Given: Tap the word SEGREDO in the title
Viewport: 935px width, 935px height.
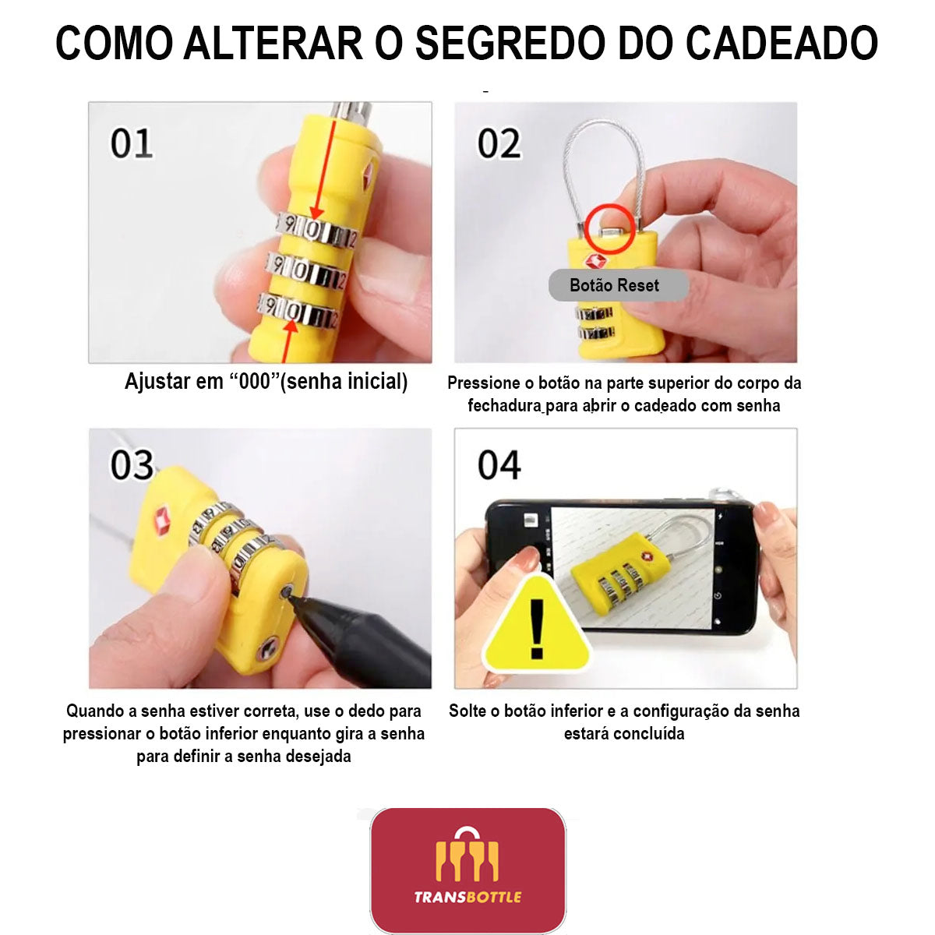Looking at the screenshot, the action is [x=508, y=43].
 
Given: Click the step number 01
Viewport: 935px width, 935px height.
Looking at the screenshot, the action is [x=132, y=143].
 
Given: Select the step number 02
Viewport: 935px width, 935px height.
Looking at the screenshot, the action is [x=499, y=143].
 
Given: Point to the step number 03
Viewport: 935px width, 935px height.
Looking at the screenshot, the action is [x=132, y=465].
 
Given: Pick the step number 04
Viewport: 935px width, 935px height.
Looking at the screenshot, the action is [x=499, y=465].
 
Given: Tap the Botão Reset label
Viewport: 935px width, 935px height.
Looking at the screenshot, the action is [x=614, y=285].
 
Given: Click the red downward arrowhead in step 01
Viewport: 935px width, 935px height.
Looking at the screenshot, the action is [x=317, y=213].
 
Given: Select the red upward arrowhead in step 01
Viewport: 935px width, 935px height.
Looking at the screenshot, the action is [x=291, y=326].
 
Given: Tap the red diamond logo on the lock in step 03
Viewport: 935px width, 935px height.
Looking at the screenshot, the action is [x=161, y=519].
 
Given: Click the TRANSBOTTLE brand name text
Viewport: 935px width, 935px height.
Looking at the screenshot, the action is [x=467, y=897].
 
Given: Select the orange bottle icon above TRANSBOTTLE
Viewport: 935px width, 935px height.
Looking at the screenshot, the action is [x=467, y=853].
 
